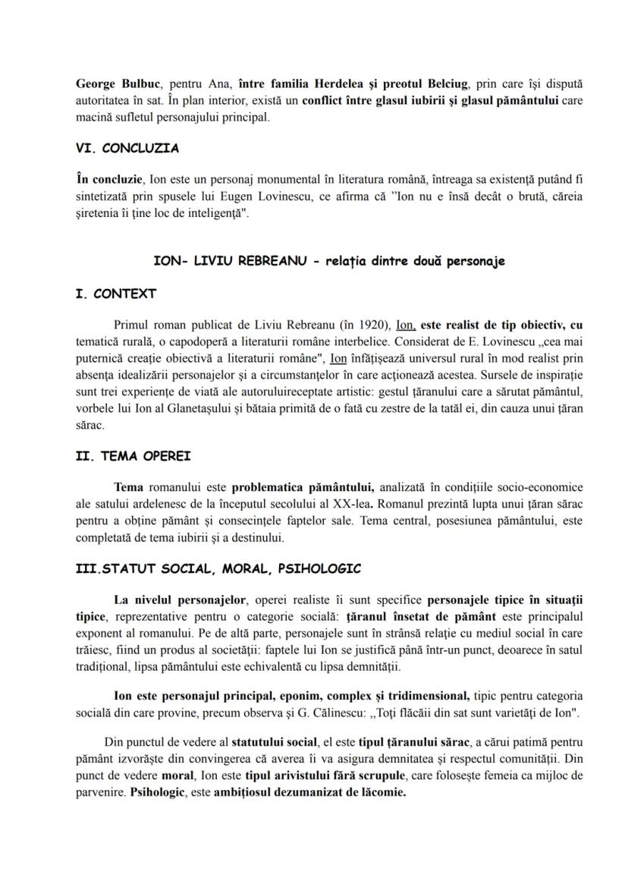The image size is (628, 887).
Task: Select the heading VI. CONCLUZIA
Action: click(128, 149)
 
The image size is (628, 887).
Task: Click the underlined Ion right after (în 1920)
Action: click(406, 324)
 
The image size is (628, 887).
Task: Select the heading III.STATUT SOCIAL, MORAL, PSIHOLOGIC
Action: click(218, 568)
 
